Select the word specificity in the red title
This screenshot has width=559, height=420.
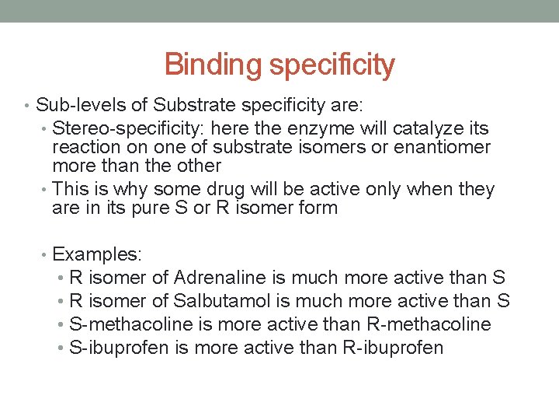click(332, 65)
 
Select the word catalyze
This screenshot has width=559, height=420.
click(426, 128)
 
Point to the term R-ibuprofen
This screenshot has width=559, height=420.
click(392, 347)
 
